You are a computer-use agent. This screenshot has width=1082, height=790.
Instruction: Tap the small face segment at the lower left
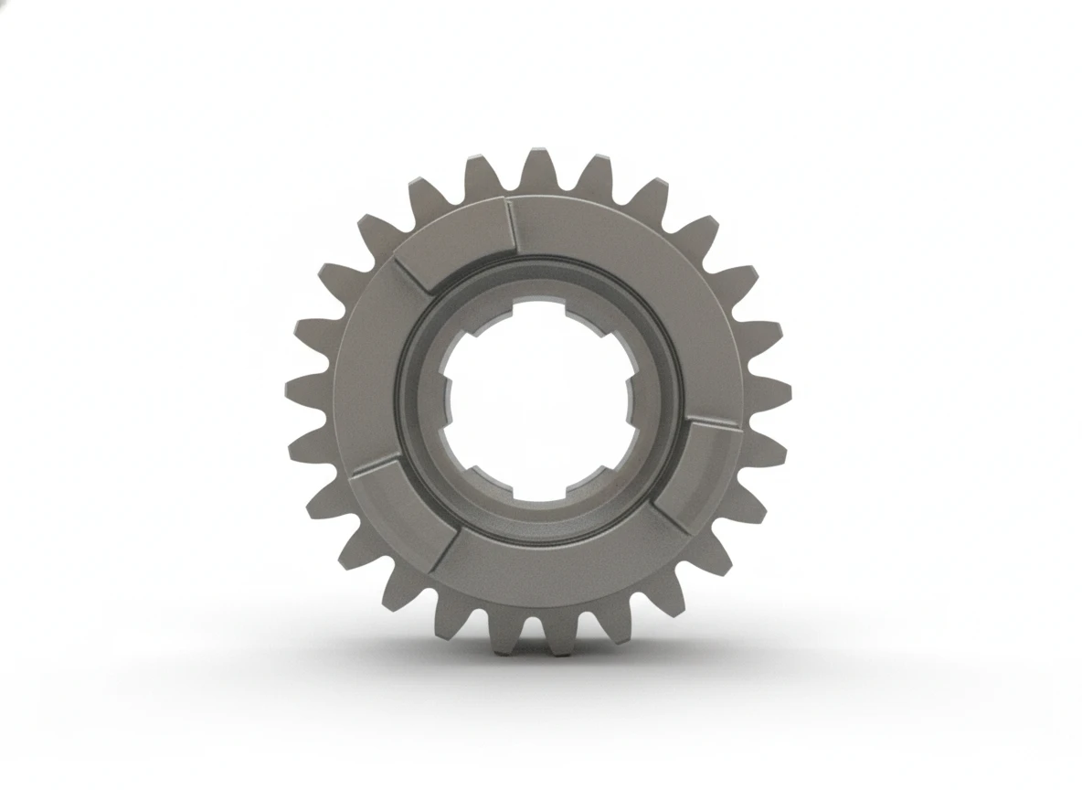pyautogui.click(x=395, y=505)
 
